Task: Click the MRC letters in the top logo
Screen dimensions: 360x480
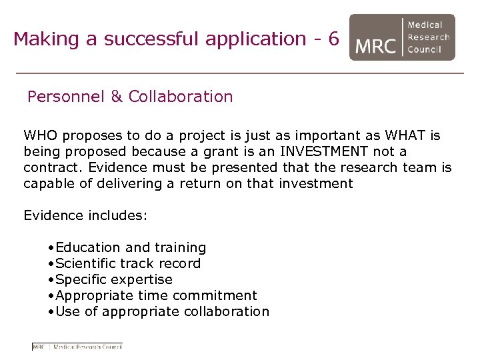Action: click(376, 45)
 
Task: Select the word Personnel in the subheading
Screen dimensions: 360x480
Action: click(65, 97)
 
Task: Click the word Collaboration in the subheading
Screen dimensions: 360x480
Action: click(181, 97)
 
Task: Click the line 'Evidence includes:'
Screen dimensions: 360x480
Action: click(85, 215)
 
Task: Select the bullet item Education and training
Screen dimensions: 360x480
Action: click(131, 247)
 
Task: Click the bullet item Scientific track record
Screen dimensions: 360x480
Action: click(128, 263)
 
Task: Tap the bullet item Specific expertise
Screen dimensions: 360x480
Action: click(114, 279)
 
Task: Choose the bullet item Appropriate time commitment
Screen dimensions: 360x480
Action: click(157, 295)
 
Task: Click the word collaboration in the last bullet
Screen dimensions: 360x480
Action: click(224, 311)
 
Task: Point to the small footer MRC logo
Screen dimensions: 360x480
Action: click(77, 347)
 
